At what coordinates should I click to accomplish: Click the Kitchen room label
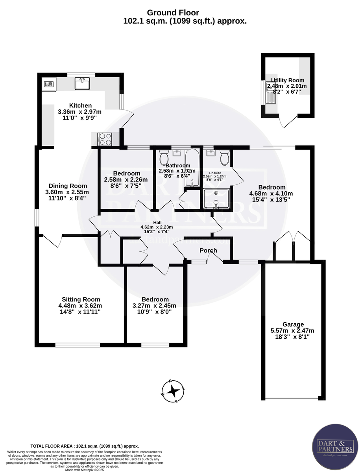point(80,105)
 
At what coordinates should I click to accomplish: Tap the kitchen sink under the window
point(83,83)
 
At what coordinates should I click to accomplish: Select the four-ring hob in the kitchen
point(105,139)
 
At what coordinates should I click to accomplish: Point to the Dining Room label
point(68,186)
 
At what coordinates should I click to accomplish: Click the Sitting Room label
point(81,299)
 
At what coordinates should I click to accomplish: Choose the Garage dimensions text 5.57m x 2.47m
point(292,330)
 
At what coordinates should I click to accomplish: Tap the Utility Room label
point(287,80)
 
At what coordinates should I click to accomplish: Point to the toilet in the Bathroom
point(164,157)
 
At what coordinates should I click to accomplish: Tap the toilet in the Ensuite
point(225,157)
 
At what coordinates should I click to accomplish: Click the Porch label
point(208,251)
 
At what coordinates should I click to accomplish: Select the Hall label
point(157,222)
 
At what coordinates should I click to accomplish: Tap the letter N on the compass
point(170,381)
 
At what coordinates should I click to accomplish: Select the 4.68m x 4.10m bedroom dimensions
point(271,193)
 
